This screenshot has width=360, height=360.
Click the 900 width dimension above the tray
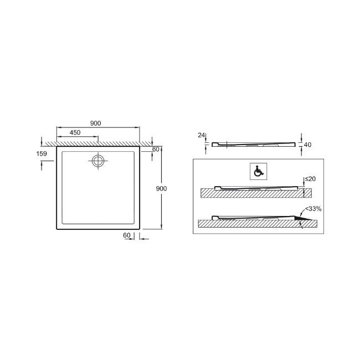(95, 124)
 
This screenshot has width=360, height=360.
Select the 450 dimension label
(75, 132)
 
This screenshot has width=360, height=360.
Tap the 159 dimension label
(42, 153)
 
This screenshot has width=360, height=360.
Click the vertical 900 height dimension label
(161, 188)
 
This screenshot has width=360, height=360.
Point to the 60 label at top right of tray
(156, 149)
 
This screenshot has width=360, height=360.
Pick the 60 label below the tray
(127, 235)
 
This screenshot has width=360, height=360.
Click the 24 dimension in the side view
(202, 136)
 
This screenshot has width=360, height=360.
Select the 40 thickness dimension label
(307, 145)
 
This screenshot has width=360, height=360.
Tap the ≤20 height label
(310, 179)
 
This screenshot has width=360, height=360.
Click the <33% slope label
(313, 209)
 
